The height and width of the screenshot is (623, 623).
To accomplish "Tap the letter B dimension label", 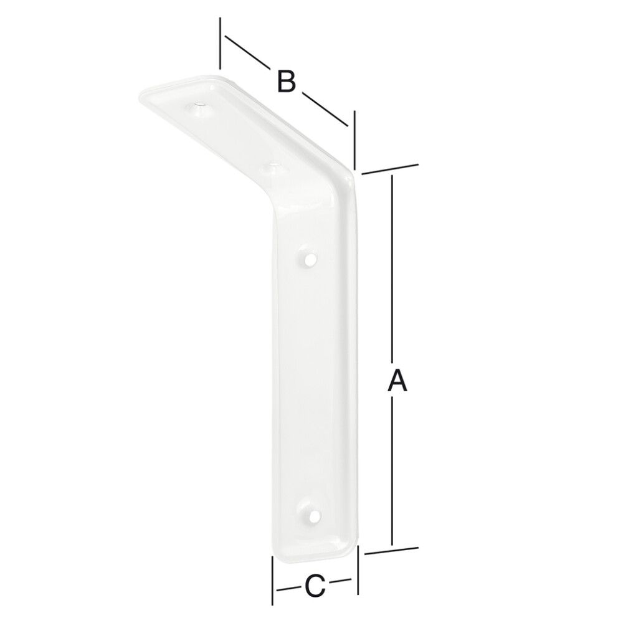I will tap(285, 81).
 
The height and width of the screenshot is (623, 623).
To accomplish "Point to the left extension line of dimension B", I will tap(220, 44).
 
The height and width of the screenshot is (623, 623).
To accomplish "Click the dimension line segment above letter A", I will tap(392, 268).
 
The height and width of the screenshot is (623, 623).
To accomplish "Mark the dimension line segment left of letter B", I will tap(246, 52).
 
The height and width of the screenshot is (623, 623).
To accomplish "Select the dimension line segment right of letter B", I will tap(324, 108).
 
